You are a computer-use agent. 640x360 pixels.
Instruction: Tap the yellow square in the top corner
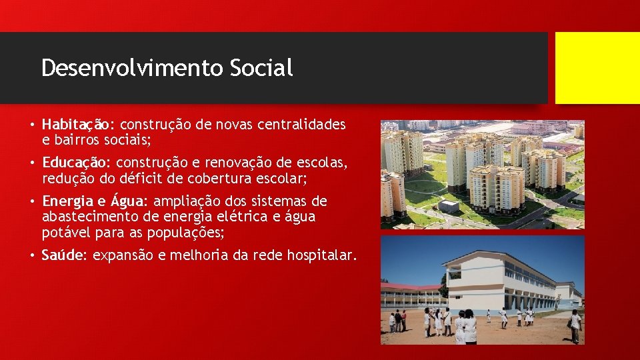(597, 68)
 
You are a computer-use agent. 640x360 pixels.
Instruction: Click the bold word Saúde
(63, 255)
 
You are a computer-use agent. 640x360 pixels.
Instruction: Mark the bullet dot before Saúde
(31, 255)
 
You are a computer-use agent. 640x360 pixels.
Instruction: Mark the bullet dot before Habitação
(31, 125)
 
